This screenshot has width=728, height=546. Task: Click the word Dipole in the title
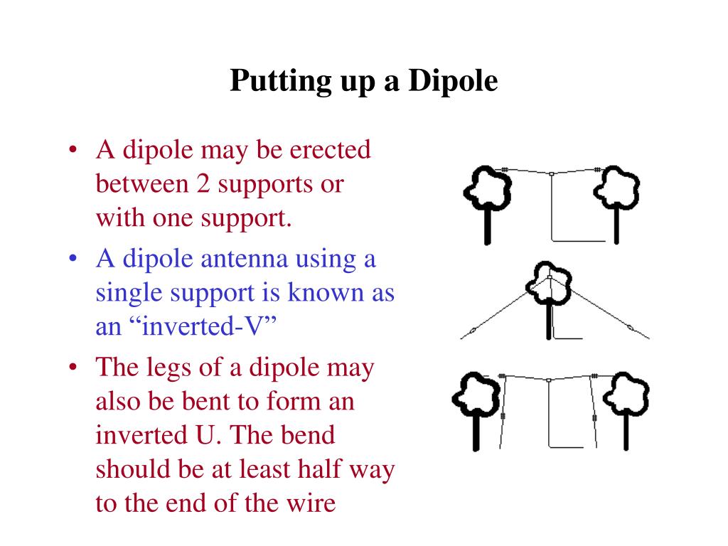pos(453,81)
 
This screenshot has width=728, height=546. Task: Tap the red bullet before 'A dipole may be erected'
pos(73,150)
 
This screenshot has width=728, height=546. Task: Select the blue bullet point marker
pos(73,258)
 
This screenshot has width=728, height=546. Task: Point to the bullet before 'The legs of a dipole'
pos(73,368)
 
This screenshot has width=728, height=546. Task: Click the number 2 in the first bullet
pos(203,184)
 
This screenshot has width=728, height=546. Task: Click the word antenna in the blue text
pos(244,259)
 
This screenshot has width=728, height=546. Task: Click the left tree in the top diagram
pos(488,204)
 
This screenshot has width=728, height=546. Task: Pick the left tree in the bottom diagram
pos(476,412)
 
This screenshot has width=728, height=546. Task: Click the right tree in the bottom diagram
pos(626,412)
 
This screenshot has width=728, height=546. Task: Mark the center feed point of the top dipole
pos(551,174)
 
